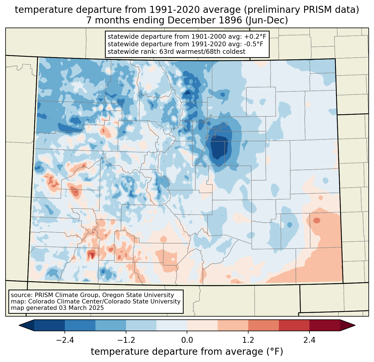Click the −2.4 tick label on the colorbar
(x=65, y=340)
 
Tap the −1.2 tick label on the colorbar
(x=126, y=340)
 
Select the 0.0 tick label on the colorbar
(x=187, y=340)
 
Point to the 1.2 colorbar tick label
(x=248, y=340)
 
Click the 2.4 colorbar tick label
(x=309, y=340)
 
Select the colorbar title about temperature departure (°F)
(x=187, y=352)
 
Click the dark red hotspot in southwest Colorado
(x=91, y=254)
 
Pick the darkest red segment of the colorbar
(x=324, y=325)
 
